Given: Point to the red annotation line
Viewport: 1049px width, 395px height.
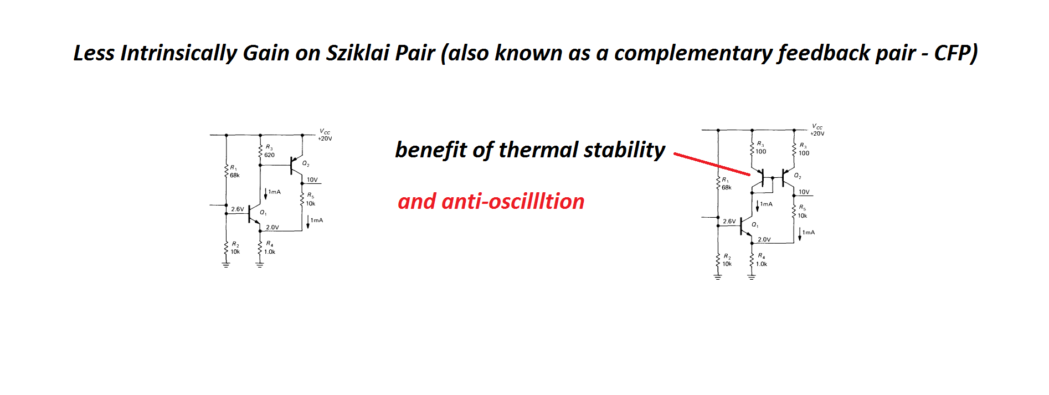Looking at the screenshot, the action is pyautogui.click(x=712, y=164).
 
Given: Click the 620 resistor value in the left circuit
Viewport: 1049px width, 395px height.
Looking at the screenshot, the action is pyautogui.click(x=269, y=155).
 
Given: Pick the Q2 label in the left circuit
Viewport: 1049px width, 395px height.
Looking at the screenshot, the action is pyautogui.click(x=306, y=163).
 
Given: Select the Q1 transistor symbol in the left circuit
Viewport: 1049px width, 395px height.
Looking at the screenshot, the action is pyautogui.click(x=254, y=214).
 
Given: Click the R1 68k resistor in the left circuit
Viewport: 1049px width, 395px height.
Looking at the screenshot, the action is pyautogui.click(x=226, y=171).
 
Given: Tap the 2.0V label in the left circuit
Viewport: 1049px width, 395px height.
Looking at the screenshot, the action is pyautogui.click(x=272, y=227).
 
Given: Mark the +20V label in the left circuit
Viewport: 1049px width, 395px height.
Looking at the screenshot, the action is pyautogui.click(x=325, y=138).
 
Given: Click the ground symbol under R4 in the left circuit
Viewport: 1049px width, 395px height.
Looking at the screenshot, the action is pyautogui.click(x=260, y=265).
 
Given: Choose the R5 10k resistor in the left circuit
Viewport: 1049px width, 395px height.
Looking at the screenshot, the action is pyautogui.click(x=302, y=199).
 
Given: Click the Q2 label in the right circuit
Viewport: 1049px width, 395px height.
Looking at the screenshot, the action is pyautogui.click(x=798, y=176).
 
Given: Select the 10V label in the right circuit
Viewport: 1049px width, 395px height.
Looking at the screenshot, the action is pyautogui.click(x=804, y=192).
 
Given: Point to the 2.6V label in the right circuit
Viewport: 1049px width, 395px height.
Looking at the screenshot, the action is pyautogui.click(x=729, y=222).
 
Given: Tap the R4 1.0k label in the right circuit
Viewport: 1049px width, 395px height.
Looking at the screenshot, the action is pyautogui.click(x=762, y=260).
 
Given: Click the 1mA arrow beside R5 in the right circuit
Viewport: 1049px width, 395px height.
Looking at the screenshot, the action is pyautogui.click(x=800, y=234).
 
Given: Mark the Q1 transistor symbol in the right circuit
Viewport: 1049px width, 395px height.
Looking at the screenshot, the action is pyautogui.click(x=745, y=226).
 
